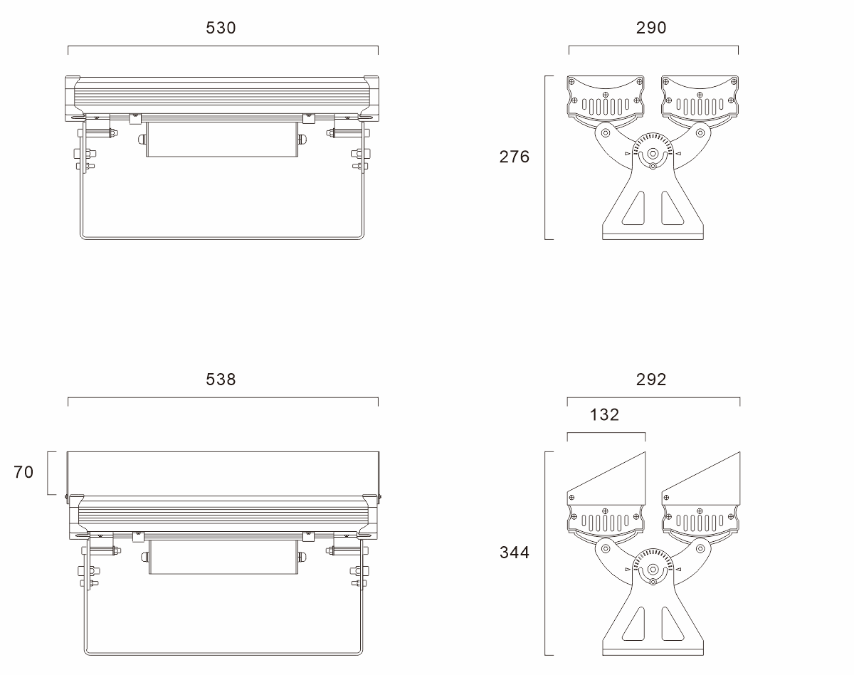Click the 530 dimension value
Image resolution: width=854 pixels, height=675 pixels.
pyautogui.click(x=221, y=28)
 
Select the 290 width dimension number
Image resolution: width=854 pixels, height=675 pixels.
pyautogui.click(x=651, y=28)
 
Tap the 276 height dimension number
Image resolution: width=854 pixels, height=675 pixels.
pyautogui.click(x=515, y=157)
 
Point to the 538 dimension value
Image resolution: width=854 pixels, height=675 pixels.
pyautogui.click(x=221, y=380)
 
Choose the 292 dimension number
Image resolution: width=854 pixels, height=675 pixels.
pyautogui.click(x=651, y=380)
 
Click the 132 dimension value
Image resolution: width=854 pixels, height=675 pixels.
pyautogui.click(x=604, y=415)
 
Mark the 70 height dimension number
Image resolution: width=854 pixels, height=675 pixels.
pyautogui.click(x=23, y=472)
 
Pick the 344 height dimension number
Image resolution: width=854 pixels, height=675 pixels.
pyautogui.click(x=515, y=553)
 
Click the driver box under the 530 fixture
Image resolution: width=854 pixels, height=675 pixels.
pyautogui.click(x=222, y=140)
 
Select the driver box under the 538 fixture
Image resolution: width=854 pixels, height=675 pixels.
pyautogui.click(x=223, y=557)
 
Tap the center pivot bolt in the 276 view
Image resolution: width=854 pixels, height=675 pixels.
pyautogui.click(x=653, y=154)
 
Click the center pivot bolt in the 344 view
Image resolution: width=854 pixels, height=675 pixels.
pyautogui.click(x=653, y=570)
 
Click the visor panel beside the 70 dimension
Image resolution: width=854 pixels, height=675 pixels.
pyautogui.click(x=223, y=473)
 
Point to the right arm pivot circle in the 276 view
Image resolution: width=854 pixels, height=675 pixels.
pyautogui.click(x=700, y=133)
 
